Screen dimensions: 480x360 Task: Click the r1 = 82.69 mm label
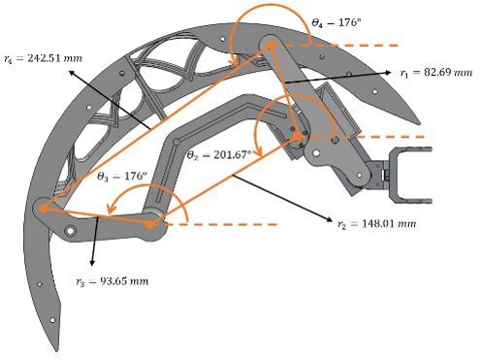pos(436,72)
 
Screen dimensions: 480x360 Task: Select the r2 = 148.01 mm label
pos(376,224)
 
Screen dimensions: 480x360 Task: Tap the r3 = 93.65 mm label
pos(112,281)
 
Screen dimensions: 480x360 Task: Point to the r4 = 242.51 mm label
pos(43,58)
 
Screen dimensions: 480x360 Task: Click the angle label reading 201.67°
pos(219,155)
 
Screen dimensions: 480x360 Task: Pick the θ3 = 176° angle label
pos(122,177)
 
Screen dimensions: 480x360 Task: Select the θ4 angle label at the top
pos(336,22)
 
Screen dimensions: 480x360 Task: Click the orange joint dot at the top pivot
pos(271,46)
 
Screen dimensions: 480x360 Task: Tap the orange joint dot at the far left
pos(43,209)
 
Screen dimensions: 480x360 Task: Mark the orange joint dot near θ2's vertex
pos(297,137)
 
